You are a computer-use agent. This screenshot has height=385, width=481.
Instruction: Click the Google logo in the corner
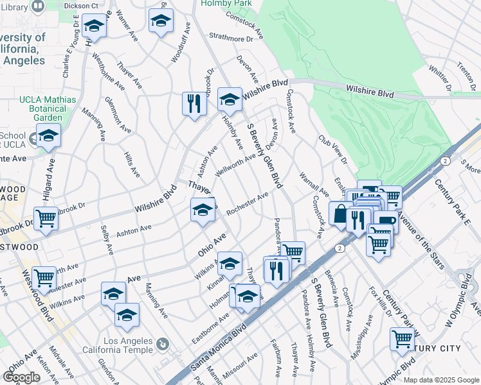(x=21, y=377)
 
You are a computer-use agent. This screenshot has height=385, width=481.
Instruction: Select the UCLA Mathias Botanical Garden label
(x=48, y=108)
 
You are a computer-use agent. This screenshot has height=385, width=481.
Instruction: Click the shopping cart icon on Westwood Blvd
(x=44, y=277)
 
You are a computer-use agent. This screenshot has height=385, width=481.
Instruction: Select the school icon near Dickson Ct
(x=94, y=26)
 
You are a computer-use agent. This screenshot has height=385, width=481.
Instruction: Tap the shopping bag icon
(x=339, y=213)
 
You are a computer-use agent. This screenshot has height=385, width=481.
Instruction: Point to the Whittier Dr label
(x=442, y=78)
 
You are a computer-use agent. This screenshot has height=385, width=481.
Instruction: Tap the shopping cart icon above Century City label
(x=402, y=338)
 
